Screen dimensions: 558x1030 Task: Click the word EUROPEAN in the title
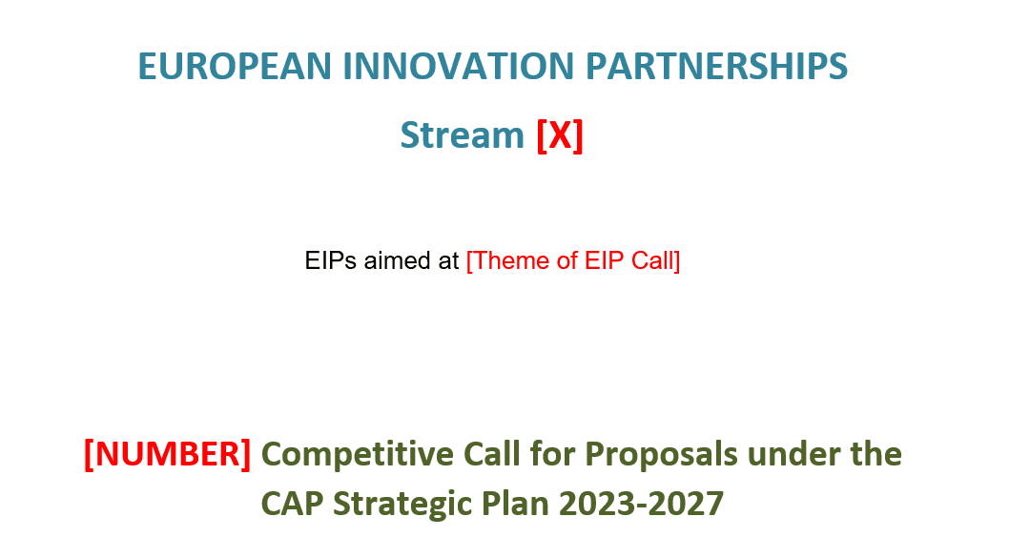click(235, 67)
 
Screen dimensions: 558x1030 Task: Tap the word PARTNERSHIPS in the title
click(715, 67)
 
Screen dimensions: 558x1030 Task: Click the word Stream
click(462, 135)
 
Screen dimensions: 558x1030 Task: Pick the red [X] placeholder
click(560, 135)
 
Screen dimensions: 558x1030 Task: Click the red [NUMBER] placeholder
click(167, 454)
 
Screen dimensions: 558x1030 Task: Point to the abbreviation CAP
click(289, 503)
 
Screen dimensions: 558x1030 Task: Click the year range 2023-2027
click(642, 503)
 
